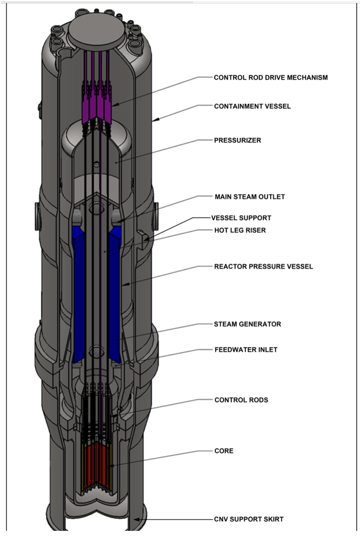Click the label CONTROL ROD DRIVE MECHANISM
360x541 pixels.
(271, 77)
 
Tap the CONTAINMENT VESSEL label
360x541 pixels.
(252, 106)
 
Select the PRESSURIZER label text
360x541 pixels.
(237, 140)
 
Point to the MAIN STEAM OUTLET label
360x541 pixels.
(250, 197)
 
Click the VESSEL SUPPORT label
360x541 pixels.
(241, 218)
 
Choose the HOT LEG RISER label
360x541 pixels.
(240, 230)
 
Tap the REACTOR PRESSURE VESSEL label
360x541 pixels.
(264, 267)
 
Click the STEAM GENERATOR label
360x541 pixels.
(247, 324)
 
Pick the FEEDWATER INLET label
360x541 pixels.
(246, 350)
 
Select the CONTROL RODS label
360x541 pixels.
(241, 400)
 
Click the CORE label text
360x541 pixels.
(224, 451)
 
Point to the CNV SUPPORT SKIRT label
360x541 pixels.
(249, 519)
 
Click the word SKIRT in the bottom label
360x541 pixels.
(274, 519)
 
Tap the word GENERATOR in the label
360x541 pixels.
(261, 324)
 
